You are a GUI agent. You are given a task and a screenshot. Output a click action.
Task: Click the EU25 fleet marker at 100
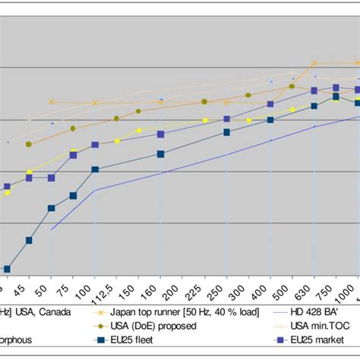pos(94,169)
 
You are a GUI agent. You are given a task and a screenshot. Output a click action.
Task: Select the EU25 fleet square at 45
pos(29,240)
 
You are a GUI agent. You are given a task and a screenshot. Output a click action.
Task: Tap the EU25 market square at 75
pos(73,155)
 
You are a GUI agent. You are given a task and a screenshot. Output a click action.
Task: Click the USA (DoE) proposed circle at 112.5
pos(116,118)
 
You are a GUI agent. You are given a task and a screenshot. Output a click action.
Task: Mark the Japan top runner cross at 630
pos(314,64)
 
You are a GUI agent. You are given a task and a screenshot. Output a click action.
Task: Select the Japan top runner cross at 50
pos(51,102)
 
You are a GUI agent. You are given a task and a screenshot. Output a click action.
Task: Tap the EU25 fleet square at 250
pos(226,132)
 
